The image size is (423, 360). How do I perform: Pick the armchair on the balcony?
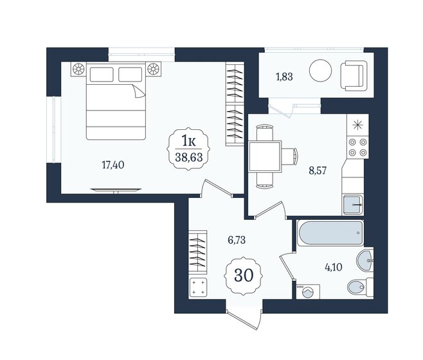[x=354, y=71]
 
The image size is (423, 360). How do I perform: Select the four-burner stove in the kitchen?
[x=357, y=147]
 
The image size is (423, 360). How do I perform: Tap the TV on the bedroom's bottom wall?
[x=116, y=190]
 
